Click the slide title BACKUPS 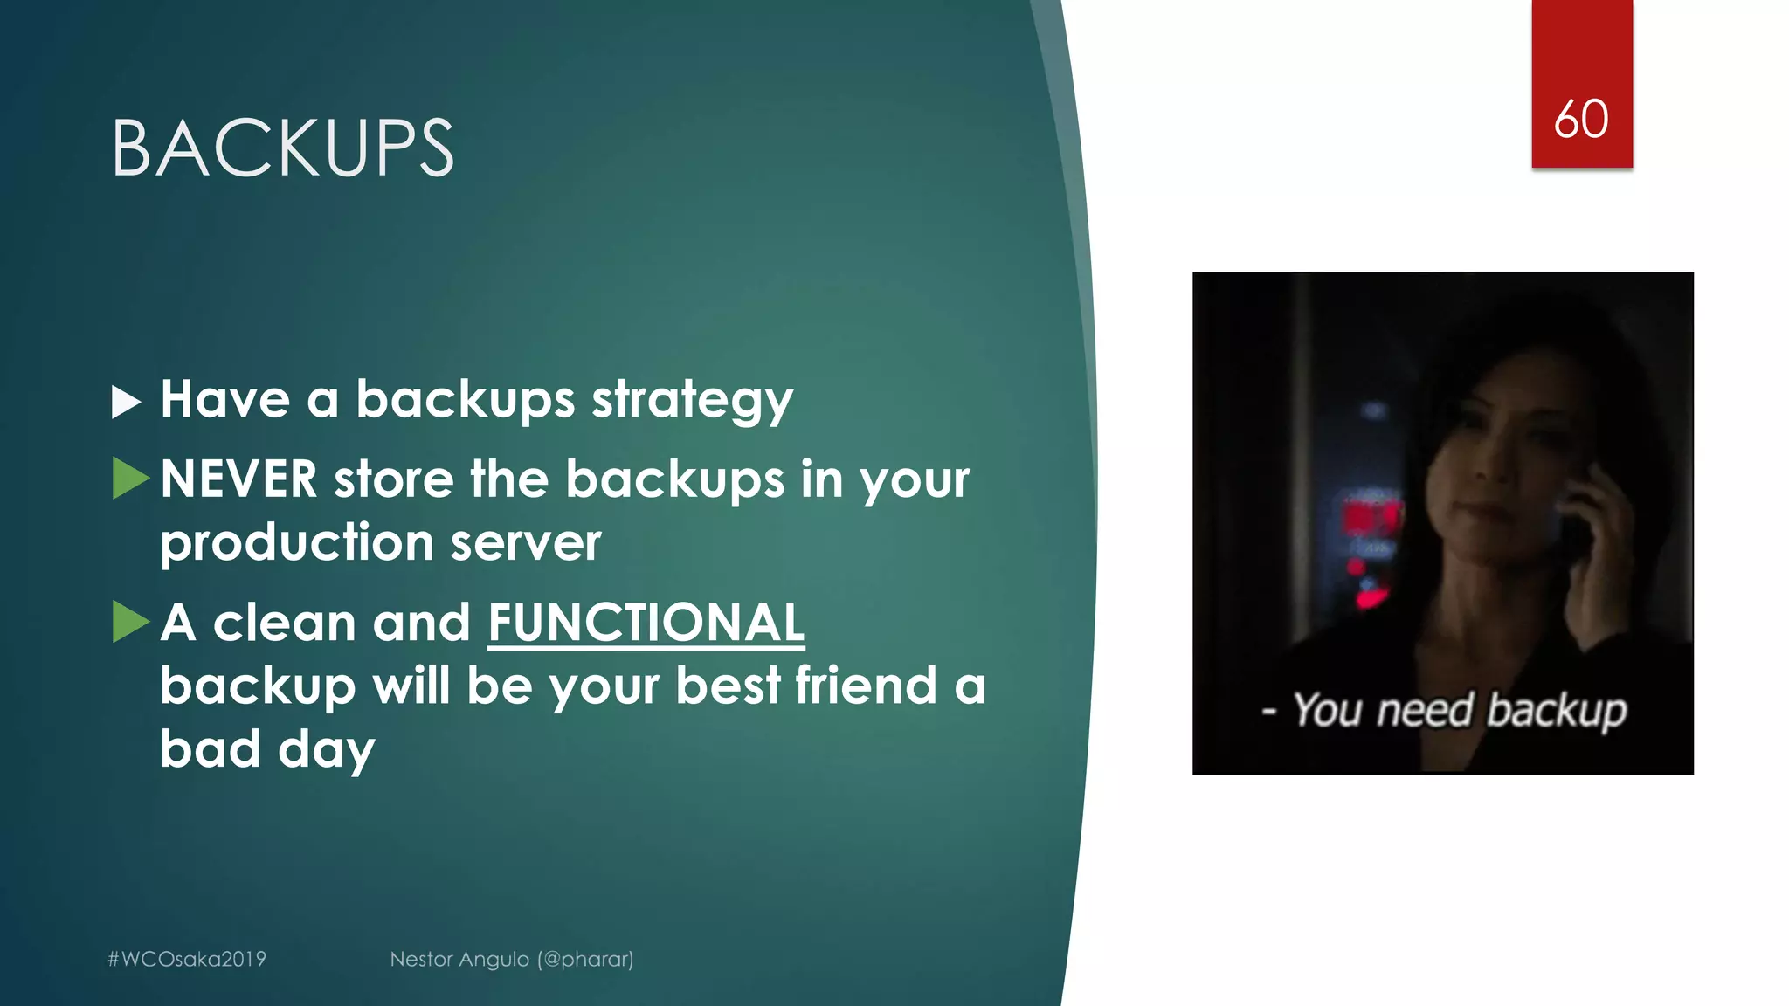[282, 148]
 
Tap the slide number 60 [1581, 119]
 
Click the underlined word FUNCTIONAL [646, 623]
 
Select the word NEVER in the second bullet [238, 479]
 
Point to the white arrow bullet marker [126, 402]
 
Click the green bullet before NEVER [130, 479]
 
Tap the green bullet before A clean [130, 621]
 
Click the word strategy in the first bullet [692, 401]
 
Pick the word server [526, 543]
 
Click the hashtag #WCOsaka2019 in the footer [186, 959]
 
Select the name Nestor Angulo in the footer [459, 959]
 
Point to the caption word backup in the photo [1557, 711]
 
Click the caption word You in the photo [1327, 709]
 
